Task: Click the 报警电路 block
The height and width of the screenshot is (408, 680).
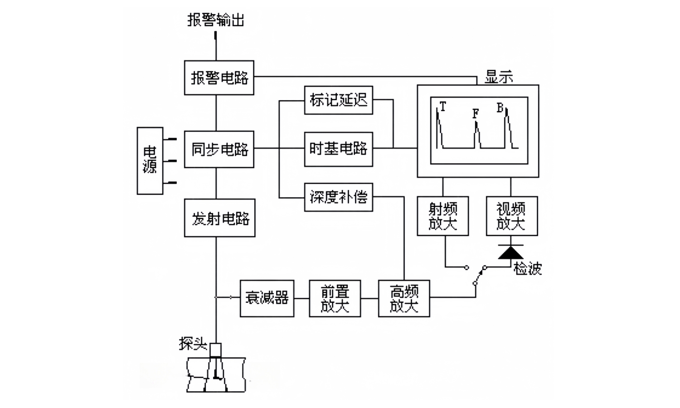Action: [219, 78]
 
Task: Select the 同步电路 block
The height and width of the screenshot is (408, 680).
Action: [219, 149]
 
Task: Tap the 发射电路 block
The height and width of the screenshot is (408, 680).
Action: [219, 218]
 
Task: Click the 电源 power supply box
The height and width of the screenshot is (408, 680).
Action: [150, 160]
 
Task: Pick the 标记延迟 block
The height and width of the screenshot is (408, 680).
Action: [338, 100]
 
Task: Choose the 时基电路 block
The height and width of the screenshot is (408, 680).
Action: [338, 149]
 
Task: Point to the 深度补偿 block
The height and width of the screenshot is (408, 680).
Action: [338, 197]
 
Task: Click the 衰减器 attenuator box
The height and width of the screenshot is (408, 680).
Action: [267, 298]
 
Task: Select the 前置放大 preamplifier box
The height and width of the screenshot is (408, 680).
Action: [335, 298]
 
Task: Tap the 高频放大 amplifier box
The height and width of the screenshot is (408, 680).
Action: [404, 298]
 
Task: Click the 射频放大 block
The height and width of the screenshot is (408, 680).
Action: [442, 216]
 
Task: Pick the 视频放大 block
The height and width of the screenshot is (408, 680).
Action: [511, 216]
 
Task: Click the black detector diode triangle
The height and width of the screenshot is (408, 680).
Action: [511, 253]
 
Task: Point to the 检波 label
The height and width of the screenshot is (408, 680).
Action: [527, 269]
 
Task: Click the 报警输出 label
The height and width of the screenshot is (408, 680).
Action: [216, 20]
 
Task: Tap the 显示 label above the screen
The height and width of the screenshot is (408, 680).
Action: [499, 77]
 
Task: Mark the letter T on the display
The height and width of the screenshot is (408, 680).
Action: [443, 107]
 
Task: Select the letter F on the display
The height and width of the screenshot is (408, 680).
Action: [476, 113]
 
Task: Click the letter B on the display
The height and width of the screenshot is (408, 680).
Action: [500, 108]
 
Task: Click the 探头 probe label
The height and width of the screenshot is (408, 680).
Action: [193, 344]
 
